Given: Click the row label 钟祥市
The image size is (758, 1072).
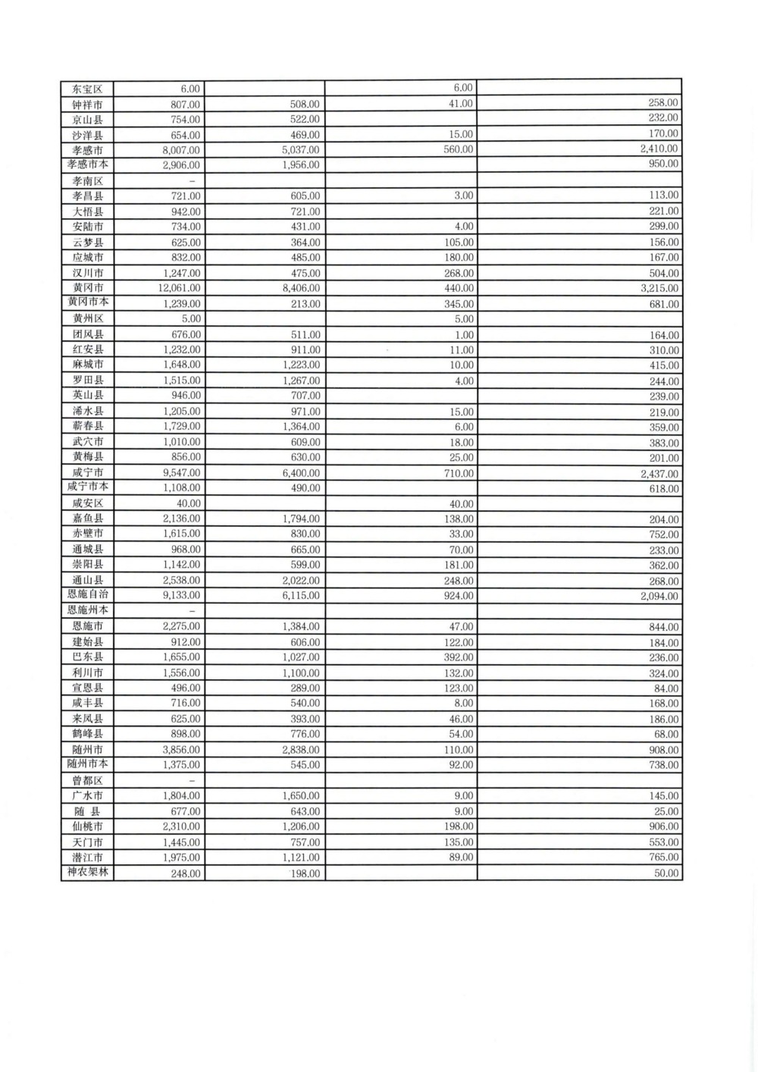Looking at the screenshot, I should pos(87,105).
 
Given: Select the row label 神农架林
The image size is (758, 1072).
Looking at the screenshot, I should pos(87,873).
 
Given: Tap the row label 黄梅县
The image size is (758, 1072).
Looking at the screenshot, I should pos(87,457).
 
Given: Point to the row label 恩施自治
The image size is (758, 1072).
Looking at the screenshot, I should pos(87,595).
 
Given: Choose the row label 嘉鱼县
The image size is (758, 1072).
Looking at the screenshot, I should pos(87,519).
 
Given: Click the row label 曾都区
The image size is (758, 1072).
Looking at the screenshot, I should pos(87,781).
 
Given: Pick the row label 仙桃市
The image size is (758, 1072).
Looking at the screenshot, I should pos(87,826).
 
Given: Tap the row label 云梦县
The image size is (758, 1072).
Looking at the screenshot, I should pos(87,243).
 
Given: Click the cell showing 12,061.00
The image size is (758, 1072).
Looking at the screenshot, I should pos(180,288).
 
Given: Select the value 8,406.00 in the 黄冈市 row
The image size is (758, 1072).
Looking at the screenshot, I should pos(301,288).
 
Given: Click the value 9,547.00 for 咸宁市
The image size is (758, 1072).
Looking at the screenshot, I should pos(182,473).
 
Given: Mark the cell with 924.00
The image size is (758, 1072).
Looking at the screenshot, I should pos(459,596).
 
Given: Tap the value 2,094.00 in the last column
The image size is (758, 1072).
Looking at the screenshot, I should pos(659,596).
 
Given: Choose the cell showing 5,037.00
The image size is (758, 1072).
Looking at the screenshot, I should pos(301,150).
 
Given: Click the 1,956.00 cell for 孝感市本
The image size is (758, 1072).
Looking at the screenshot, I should pos(301,165).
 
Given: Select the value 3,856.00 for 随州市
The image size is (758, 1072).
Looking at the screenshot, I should pos(182,750).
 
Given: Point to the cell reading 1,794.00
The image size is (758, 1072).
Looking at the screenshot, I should pos(301,519).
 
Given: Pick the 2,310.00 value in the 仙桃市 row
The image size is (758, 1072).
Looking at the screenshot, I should pos(182,826).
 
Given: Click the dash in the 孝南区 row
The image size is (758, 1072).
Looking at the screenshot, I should pos(193,181).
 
